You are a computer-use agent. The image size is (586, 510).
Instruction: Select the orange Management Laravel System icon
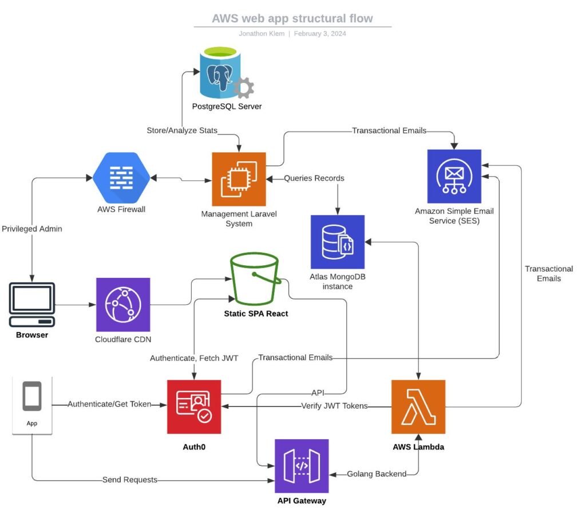pyautogui.click(x=239, y=179)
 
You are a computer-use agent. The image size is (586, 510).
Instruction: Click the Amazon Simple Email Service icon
pyautogui.click(x=454, y=176)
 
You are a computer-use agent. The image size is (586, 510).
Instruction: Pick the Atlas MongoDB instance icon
pyautogui.click(x=337, y=242)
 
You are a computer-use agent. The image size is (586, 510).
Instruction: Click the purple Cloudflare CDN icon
pyautogui.click(x=123, y=305)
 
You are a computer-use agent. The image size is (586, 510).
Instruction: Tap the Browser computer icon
pyautogui.click(x=32, y=305)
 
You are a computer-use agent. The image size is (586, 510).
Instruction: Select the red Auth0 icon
pyautogui.click(x=193, y=406)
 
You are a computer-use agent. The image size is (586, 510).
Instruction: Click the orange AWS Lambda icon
pyautogui.click(x=418, y=407)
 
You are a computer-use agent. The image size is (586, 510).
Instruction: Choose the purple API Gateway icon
pyautogui.click(x=302, y=465)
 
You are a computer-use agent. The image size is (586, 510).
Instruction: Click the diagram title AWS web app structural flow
pyautogui.click(x=292, y=18)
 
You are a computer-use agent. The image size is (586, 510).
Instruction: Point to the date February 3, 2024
pyautogui.click(x=320, y=34)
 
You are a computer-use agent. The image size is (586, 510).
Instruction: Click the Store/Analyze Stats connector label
pyautogui.click(x=182, y=130)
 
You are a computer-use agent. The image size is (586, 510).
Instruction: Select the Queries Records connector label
pyautogui.click(x=314, y=178)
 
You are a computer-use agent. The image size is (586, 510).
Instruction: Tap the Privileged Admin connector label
pyautogui.click(x=32, y=229)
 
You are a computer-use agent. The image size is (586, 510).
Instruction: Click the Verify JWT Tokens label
pyautogui.click(x=334, y=407)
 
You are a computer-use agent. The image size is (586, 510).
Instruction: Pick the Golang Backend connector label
pyautogui.click(x=377, y=474)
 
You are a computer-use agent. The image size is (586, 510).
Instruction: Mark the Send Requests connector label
pyautogui.click(x=130, y=480)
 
